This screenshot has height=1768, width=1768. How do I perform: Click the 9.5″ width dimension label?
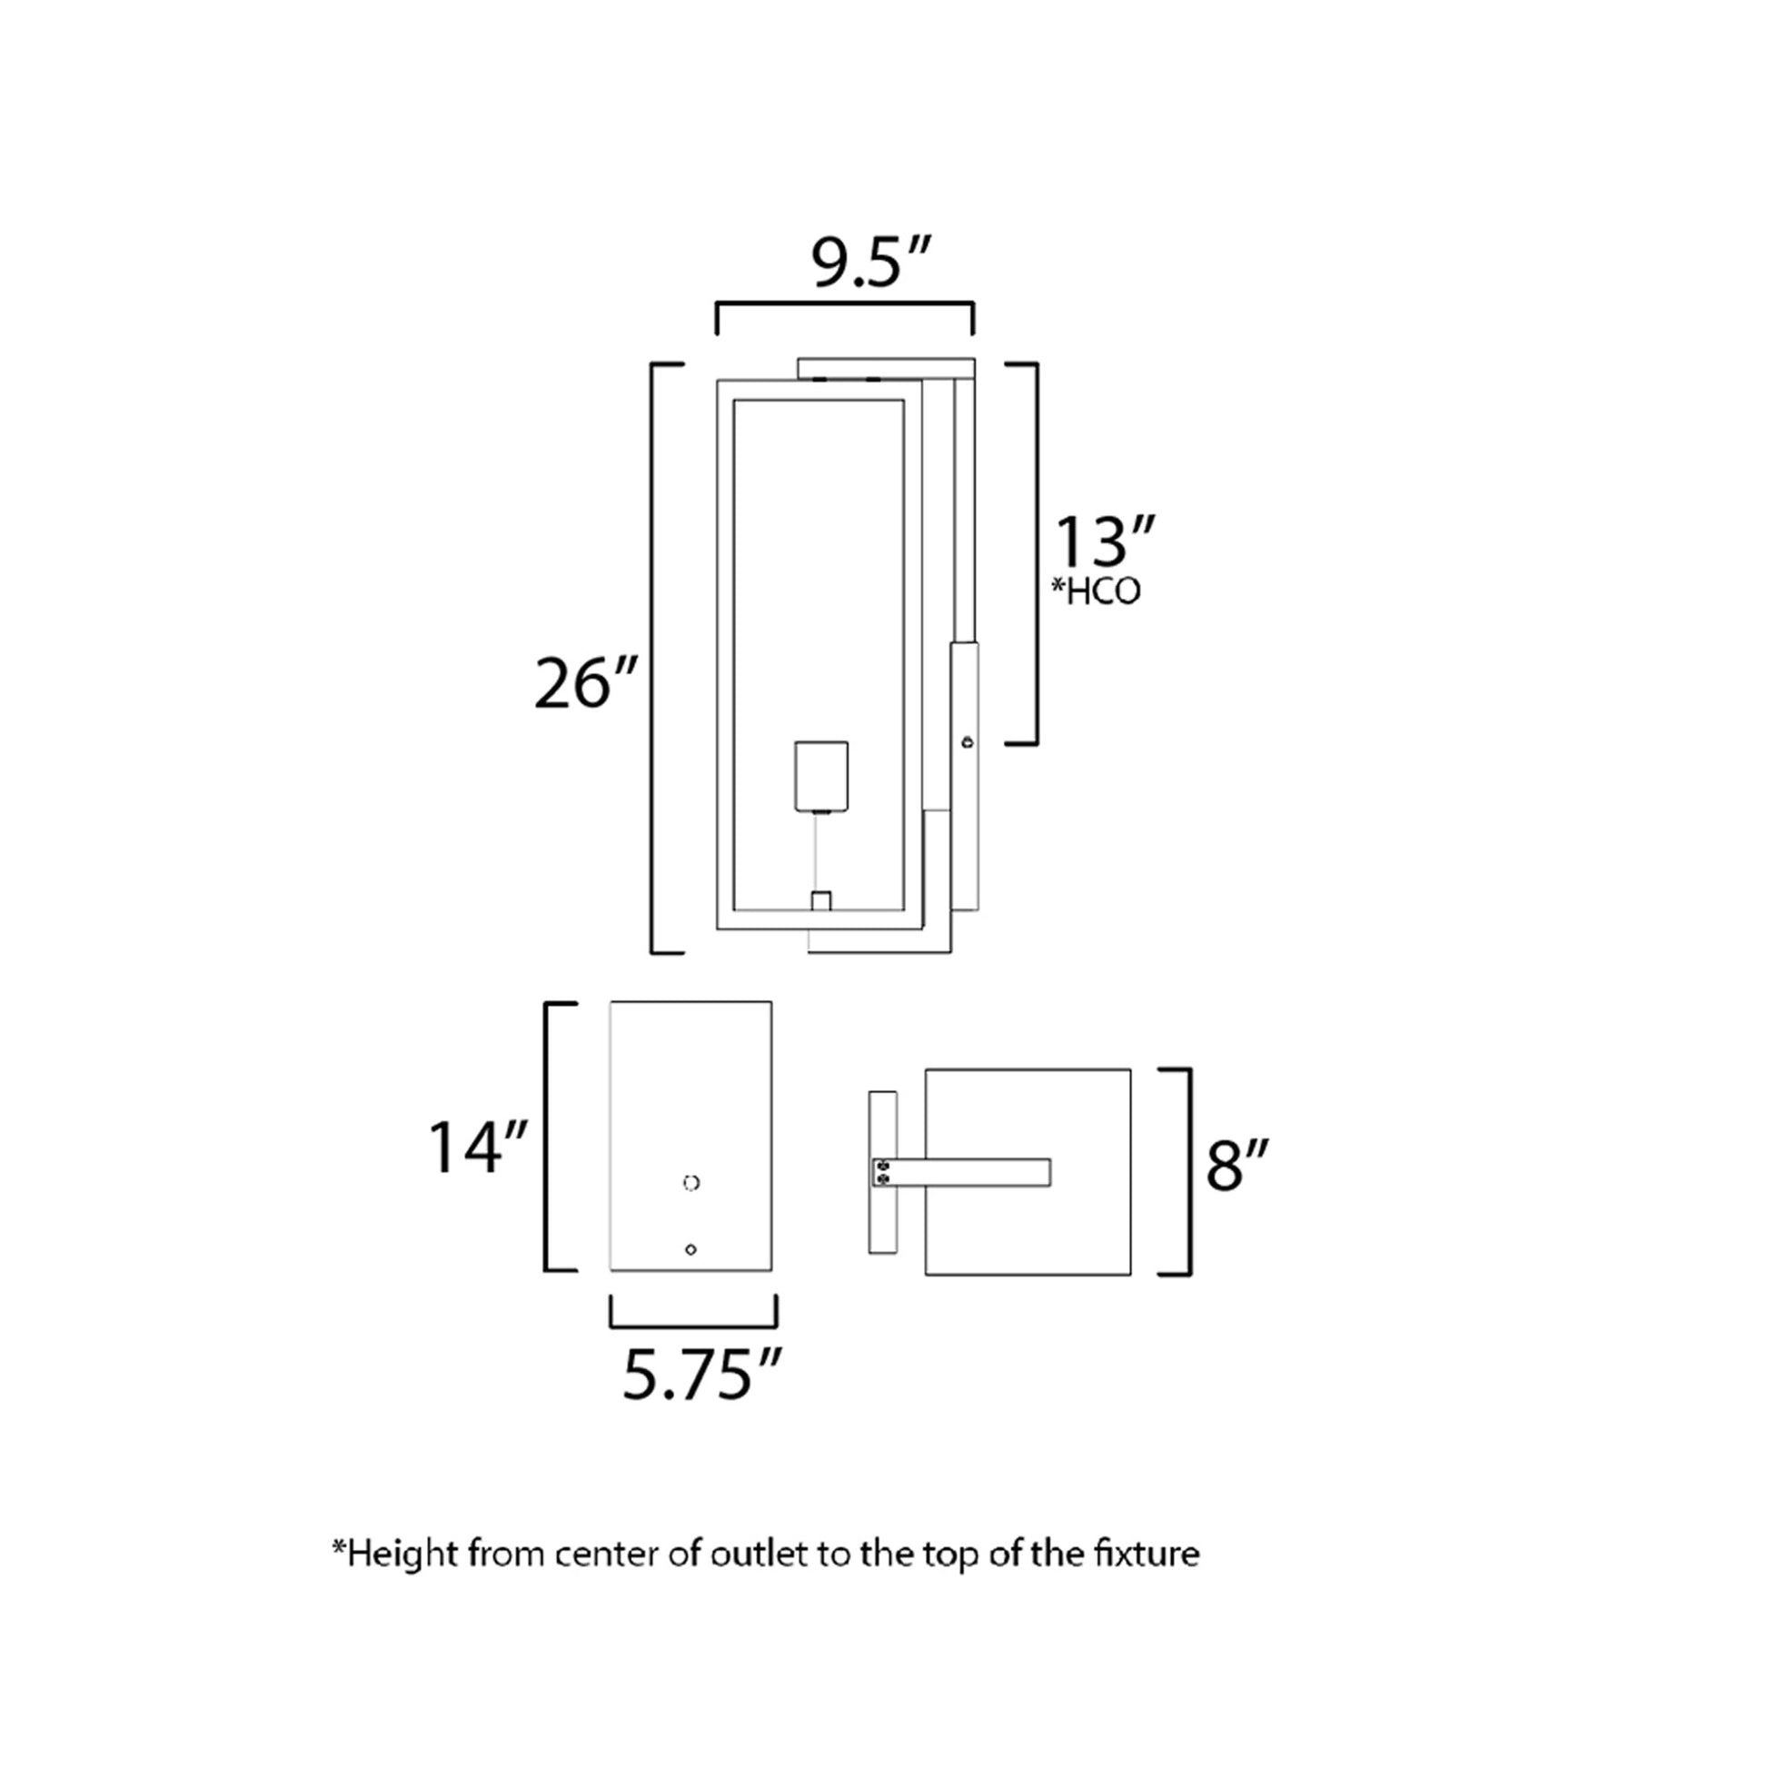click(x=870, y=262)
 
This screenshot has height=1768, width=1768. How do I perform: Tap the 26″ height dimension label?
click(x=585, y=683)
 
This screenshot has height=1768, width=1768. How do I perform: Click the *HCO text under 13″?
click(x=1096, y=592)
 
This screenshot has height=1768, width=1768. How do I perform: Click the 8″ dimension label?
click(x=1237, y=1166)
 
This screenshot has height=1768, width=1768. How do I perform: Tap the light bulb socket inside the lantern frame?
click(x=821, y=776)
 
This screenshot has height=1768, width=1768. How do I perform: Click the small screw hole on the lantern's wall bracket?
click(x=968, y=742)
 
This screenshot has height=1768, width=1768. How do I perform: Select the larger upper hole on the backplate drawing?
click(x=691, y=1183)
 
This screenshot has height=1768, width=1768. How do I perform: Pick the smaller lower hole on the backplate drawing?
click(x=690, y=1250)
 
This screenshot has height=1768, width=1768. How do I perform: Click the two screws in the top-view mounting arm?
click(x=882, y=1172)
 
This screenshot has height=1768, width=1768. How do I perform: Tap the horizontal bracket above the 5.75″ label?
click(x=693, y=1323)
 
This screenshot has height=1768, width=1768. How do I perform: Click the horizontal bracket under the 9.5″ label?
click(x=844, y=306)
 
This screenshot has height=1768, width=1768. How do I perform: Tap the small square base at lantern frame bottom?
click(x=821, y=900)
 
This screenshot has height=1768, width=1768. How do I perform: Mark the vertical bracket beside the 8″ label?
click(x=1187, y=1171)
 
